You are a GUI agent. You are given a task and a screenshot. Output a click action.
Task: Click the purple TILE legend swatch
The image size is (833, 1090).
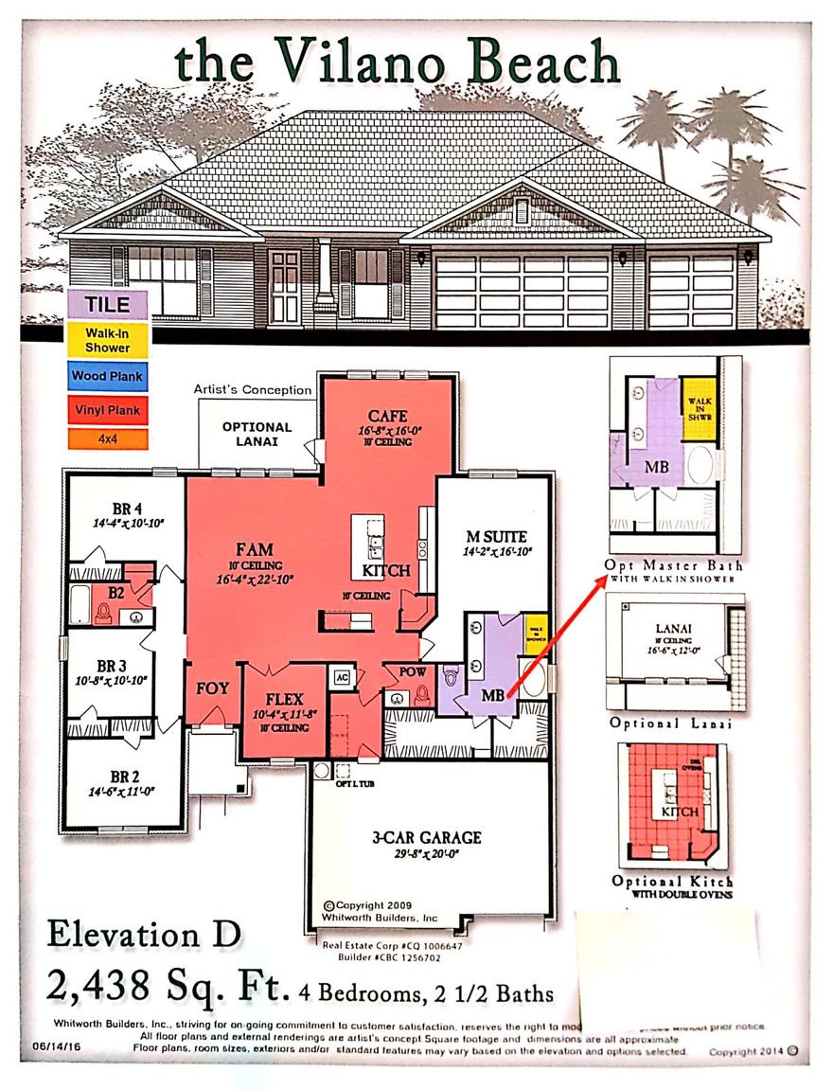(107, 306)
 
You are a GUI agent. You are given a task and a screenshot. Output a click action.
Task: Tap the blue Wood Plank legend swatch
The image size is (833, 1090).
(107, 376)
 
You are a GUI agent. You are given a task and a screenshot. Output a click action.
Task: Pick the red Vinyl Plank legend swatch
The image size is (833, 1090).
(107, 411)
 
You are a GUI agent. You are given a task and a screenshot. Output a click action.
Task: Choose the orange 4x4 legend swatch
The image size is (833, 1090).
(107, 439)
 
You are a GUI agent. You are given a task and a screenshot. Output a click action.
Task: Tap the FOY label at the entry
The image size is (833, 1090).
(213, 688)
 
